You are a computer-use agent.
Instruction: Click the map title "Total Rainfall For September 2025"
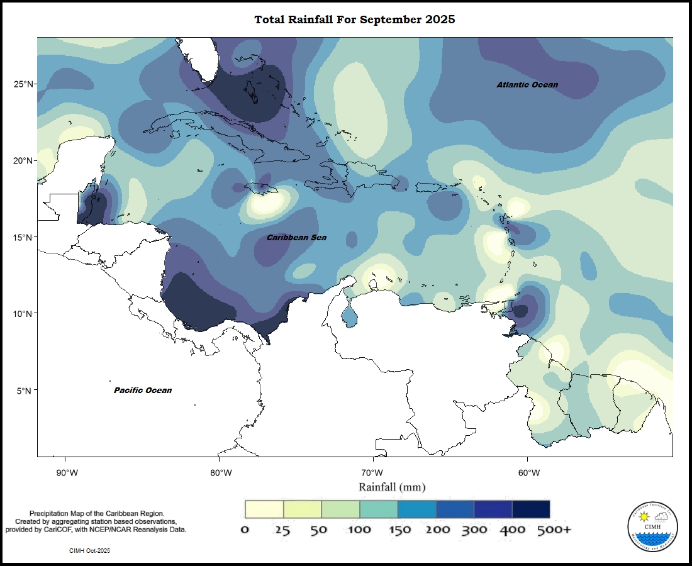(354, 19)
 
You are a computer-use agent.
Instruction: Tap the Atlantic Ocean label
(527, 84)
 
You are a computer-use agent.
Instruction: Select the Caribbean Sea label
(296, 237)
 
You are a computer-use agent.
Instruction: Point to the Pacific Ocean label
(143, 390)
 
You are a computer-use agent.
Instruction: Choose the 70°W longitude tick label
(372, 473)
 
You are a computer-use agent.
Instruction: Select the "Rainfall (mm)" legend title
(392, 487)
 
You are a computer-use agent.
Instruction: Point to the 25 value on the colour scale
(282, 530)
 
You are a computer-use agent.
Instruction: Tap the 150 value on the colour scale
(398, 530)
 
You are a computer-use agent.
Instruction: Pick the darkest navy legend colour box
(531, 509)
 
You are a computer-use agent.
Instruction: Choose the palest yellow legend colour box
(264, 509)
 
